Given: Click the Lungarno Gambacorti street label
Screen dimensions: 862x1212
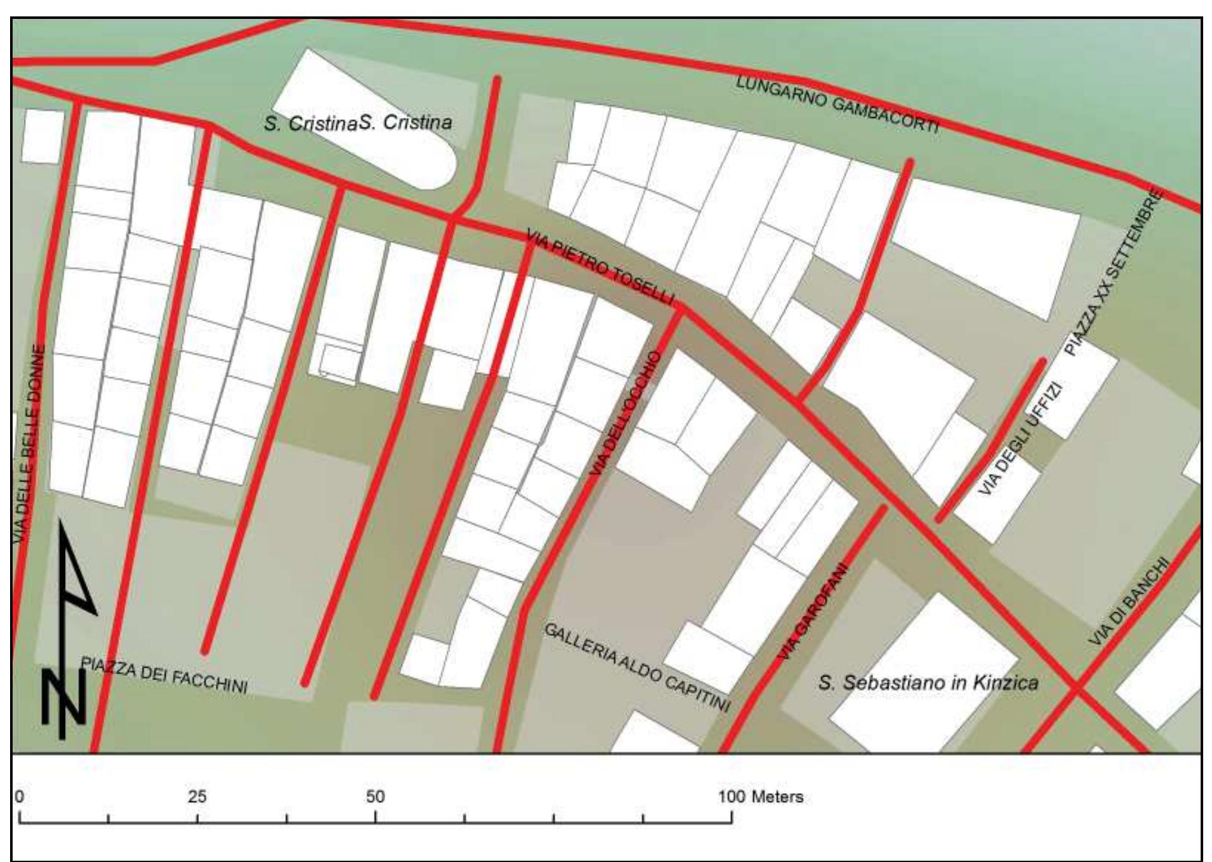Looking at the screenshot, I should [837, 103].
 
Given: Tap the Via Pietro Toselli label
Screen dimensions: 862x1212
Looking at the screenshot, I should [600, 267].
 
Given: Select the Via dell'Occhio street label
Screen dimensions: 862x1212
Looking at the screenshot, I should [626, 413].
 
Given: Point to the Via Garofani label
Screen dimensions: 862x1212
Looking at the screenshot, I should [812, 611].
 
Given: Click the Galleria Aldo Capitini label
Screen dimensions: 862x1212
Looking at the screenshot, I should [637, 667].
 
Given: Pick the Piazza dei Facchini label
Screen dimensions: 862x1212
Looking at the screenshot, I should [164, 675].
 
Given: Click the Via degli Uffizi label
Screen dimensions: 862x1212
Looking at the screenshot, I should [1021, 439].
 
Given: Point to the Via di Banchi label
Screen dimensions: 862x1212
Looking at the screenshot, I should [1129, 601].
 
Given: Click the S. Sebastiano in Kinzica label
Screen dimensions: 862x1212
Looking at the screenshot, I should [928, 683].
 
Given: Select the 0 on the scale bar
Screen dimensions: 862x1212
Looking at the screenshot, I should [20, 796].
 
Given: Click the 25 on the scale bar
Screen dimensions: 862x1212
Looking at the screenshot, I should [197, 796].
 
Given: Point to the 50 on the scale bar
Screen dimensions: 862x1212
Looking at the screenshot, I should [375, 796].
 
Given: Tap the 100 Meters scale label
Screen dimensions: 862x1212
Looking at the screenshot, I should [761, 796].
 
